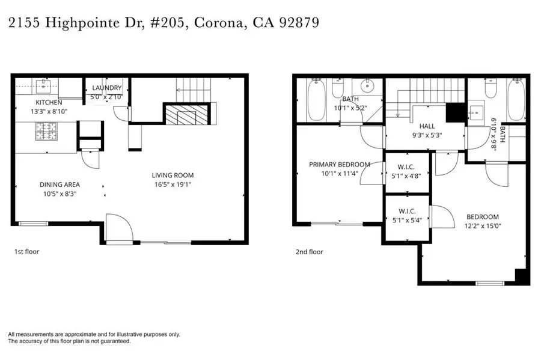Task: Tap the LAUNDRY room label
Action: click(x=106, y=88)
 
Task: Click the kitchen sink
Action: click(x=43, y=86)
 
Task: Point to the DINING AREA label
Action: click(x=60, y=185)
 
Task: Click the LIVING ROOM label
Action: click(x=173, y=175)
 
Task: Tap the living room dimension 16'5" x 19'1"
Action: click(x=173, y=185)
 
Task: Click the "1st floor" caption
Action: click(x=26, y=252)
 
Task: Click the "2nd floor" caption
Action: click(x=309, y=252)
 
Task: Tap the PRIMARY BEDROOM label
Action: click(x=340, y=164)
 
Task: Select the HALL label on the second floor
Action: click(x=427, y=126)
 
